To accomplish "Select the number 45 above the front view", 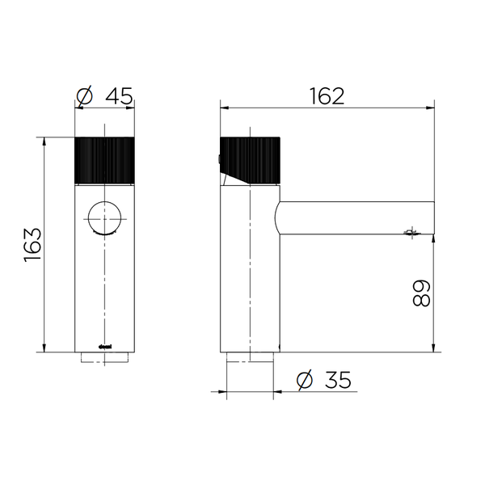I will pos(118,96).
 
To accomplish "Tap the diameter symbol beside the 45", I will pos(85,96).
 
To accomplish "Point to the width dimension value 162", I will pos(327,95).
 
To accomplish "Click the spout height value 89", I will pos(421,293).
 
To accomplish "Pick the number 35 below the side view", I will pos(335,379).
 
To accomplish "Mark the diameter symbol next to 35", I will pos(305,380).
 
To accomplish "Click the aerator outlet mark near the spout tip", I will pos(411,234).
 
